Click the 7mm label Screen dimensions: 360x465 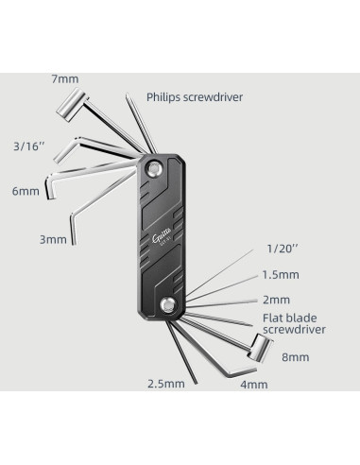pyautogui.click(x=65, y=78)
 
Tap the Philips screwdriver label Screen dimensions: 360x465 pyautogui.click(x=195, y=97)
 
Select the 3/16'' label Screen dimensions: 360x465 pyautogui.click(x=29, y=146)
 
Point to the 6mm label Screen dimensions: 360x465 pyautogui.click(x=26, y=191)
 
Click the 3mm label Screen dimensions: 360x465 pyautogui.click(x=53, y=239)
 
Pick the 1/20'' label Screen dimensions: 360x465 pyautogui.click(x=283, y=249)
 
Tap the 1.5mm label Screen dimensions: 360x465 pyautogui.click(x=281, y=274)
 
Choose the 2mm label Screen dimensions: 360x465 pyautogui.click(x=276, y=300)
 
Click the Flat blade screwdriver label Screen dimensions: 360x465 pyautogui.click(x=294, y=323)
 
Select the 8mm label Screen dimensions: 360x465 pyautogui.click(x=295, y=357)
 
